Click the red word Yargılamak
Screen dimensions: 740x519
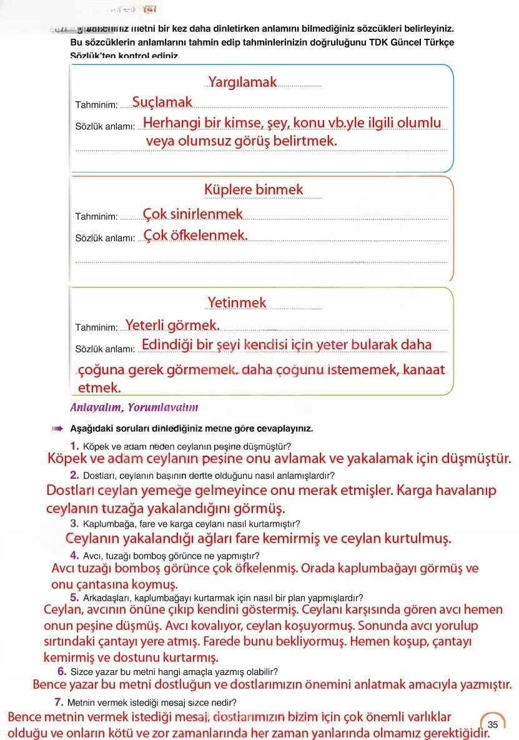click(242, 82)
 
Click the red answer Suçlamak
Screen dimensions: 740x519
click(162, 102)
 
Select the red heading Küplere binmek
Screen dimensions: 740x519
click(254, 189)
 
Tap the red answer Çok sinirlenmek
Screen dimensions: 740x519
click(193, 214)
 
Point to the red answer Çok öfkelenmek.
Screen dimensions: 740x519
click(195, 236)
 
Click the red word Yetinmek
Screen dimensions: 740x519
click(237, 303)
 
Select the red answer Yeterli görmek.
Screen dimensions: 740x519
click(172, 325)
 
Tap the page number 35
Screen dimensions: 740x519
click(493, 724)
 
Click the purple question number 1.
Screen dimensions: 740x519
click(75, 446)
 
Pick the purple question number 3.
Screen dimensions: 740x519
click(74, 523)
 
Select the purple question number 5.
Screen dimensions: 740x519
click(74, 597)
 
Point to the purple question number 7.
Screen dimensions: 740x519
click(59, 701)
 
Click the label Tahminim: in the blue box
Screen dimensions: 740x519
click(96, 104)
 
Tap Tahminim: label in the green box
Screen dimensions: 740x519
click(96, 327)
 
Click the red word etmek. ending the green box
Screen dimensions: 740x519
click(99, 388)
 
